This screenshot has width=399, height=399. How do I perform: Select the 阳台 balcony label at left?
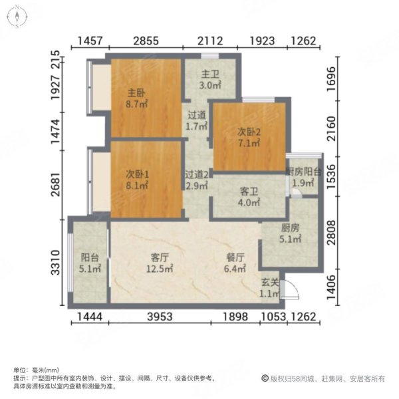pyautogui.click(x=88, y=258)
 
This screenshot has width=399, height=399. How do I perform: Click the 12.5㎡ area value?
pyautogui.click(x=160, y=269)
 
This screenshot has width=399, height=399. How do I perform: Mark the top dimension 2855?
pyautogui.click(x=146, y=41)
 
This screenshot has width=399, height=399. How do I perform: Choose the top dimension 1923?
pyautogui.click(x=263, y=41)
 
